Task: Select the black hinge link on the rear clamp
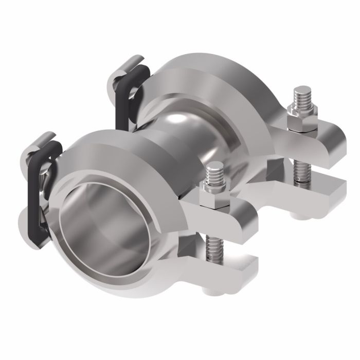point(122,103)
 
